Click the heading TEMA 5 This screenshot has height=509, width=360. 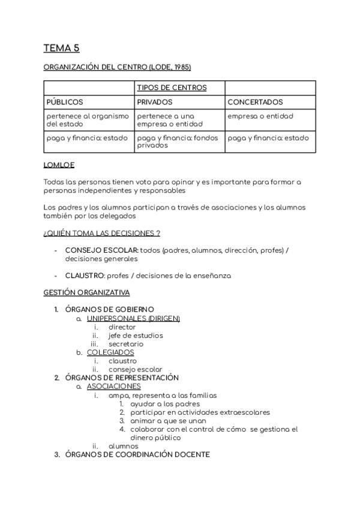tap(61, 48)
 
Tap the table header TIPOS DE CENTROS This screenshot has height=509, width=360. tap(172, 88)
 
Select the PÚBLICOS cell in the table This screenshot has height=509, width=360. tap(65, 102)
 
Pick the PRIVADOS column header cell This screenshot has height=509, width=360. tap(155, 102)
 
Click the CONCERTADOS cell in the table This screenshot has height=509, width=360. tap(255, 102)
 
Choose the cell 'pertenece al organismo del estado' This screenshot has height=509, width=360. tap(88, 120)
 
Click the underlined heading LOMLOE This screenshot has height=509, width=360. tap(59, 164)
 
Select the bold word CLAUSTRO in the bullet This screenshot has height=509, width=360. tap(85, 276)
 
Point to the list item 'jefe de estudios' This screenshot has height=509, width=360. tap(136, 336)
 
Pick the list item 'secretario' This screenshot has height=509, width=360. tap(126, 344)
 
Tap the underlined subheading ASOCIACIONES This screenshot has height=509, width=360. tap(113, 387)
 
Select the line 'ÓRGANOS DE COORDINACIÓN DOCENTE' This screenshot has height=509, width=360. tap(137, 454)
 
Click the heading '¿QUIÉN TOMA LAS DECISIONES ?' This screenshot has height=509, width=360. tap(101, 233)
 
